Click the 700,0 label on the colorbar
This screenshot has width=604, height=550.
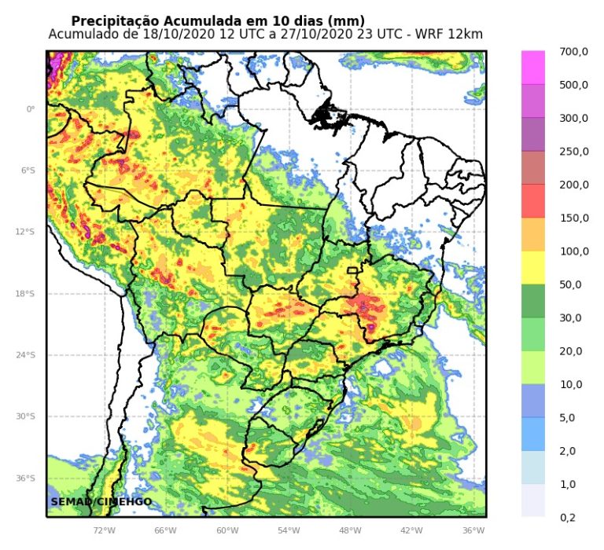pos(573,52)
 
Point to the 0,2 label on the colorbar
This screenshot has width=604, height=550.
pos(568,517)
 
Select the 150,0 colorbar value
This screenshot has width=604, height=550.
pos(573,218)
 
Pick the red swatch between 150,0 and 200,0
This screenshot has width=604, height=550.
pos(533,201)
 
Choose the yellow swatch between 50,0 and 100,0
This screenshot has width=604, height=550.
pos(533,268)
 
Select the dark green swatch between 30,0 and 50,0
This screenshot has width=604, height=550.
pos(533,301)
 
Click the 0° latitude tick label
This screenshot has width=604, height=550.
pos(31,109)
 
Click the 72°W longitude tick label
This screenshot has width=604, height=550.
pos(104,531)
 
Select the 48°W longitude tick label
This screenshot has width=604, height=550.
pos(350,531)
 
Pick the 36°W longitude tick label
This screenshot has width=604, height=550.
pos(473,531)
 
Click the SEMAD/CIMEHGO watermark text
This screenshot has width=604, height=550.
pos(101,501)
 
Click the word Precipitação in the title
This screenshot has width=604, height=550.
pos(116,20)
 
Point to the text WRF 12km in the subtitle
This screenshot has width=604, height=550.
pos(450,35)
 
